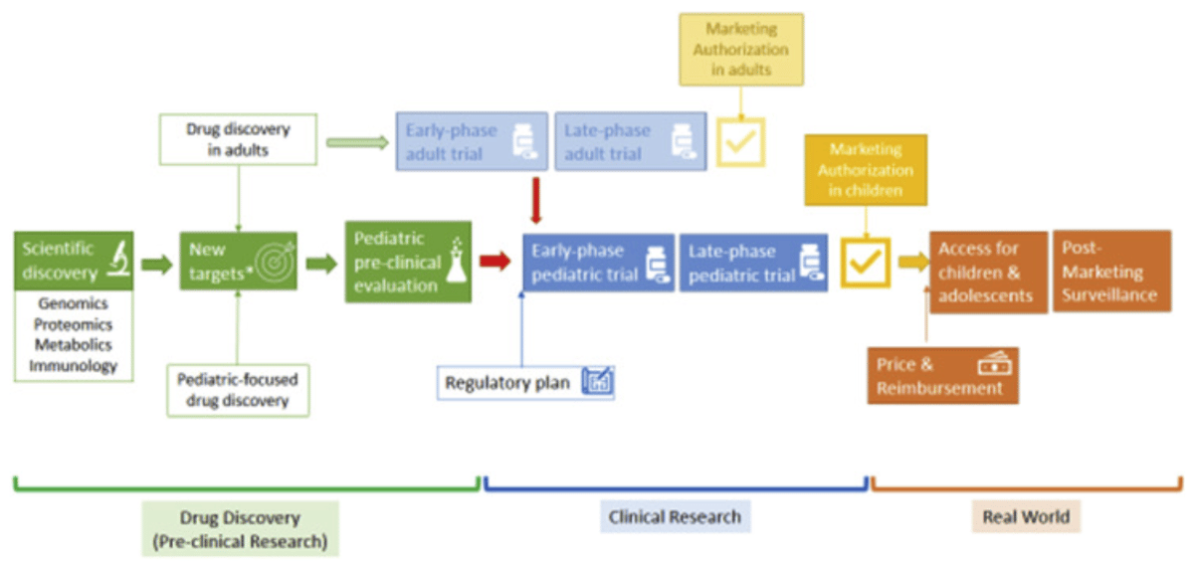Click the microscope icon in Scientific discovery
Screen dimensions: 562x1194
[117, 261]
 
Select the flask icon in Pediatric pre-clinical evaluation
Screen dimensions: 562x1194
[456, 261]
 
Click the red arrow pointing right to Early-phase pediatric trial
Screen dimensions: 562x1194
[496, 262]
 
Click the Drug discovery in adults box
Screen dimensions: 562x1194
[238, 139]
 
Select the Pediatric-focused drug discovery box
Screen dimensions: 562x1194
[238, 390]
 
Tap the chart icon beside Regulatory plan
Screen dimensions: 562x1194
[597, 382]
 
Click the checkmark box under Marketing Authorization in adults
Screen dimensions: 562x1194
[739, 143]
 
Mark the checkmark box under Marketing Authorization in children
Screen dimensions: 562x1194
[865, 262]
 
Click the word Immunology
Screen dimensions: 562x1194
[74, 365]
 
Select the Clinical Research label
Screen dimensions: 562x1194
[675, 516]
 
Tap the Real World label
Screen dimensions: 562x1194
[1025, 516]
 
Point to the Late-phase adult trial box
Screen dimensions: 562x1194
[630, 141]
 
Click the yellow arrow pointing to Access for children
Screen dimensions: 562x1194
[911, 262]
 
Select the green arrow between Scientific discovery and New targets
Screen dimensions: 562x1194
[156, 264]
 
